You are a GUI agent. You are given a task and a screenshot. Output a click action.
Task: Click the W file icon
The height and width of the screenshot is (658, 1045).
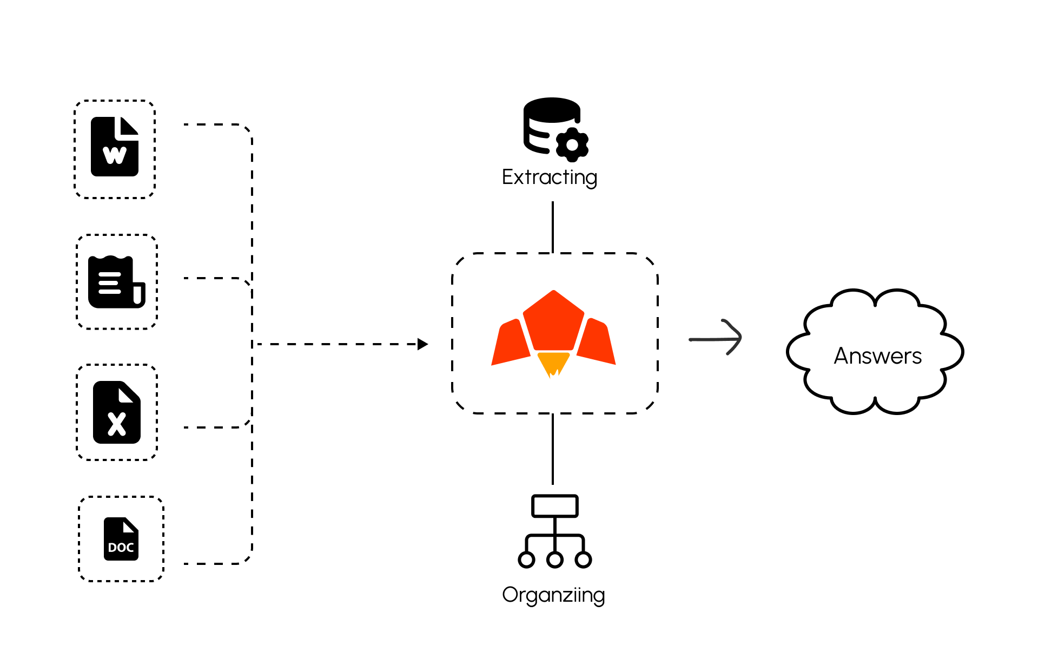point(115,147)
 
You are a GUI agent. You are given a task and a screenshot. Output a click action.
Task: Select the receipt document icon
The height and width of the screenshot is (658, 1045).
point(116,282)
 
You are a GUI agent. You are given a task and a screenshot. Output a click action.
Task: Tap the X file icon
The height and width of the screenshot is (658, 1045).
point(117,412)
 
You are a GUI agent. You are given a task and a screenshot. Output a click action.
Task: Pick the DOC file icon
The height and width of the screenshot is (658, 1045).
point(121,539)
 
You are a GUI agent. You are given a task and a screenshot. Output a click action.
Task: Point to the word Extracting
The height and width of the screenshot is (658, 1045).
point(550,177)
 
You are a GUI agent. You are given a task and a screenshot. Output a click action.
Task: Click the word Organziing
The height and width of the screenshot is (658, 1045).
point(553,595)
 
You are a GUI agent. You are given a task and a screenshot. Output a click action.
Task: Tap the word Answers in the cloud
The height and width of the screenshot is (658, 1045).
point(878,356)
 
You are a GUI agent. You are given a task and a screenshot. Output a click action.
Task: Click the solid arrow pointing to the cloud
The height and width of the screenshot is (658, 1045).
point(716,339)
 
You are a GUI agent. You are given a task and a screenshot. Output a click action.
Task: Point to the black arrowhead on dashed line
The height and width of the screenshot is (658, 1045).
point(422,344)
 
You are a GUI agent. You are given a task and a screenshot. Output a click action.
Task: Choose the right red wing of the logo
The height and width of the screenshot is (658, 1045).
point(597,343)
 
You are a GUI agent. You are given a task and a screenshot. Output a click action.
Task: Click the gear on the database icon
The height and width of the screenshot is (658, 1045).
point(572,145)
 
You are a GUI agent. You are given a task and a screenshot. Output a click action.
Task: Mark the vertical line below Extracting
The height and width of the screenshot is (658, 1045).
point(552,227)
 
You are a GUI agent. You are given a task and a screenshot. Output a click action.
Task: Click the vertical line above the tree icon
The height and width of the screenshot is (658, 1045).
point(552,449)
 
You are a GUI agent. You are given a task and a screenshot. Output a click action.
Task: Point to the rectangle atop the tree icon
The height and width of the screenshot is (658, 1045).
point(555,506)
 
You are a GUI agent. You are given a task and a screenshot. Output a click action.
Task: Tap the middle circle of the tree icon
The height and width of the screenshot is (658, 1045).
point(555,560)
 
